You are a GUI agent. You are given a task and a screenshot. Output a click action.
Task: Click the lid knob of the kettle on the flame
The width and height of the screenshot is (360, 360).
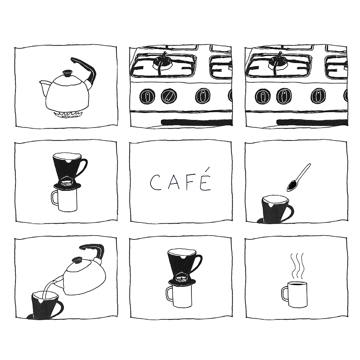[67, 73]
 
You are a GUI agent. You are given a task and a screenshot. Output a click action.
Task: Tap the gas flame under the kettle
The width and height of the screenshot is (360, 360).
[67, 115]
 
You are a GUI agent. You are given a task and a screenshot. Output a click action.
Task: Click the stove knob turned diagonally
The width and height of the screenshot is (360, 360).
[169, 96]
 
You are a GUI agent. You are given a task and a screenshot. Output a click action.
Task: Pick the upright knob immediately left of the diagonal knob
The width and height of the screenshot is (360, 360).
[147, 96]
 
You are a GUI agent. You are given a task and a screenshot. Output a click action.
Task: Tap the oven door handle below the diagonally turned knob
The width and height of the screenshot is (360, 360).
[197, 122]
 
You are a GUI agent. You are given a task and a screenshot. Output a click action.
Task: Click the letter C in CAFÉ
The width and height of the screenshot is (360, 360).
[155, 182]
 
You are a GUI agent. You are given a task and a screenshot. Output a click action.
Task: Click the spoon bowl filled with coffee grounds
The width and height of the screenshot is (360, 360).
[292, 185]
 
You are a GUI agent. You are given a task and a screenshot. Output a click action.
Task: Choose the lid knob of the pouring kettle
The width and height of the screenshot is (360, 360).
[77, 260]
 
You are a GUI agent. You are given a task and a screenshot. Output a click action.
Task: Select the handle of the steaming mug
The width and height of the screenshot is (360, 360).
[285, 293]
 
